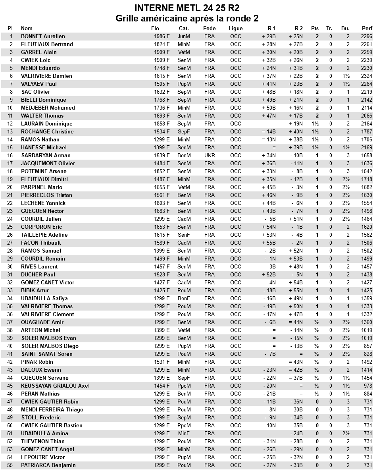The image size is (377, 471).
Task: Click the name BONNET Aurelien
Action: [43, 36]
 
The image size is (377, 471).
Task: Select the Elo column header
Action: [155, 28]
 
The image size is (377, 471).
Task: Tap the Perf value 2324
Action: [367, 76]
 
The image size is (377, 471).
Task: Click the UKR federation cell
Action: [210, 155]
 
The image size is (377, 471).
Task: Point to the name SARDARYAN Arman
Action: [46, 155]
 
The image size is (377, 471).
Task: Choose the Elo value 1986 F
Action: [162, 36]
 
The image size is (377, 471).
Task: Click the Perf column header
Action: [367, 28]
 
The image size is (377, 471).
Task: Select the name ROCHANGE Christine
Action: [47, 131]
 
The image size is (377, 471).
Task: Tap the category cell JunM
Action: [184, 36]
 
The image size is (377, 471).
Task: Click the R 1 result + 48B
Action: [269, 92]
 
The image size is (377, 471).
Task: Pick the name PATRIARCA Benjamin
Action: [48, 465]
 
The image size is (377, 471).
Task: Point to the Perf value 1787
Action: [367, 131]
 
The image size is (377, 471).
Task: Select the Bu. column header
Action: [345, 28]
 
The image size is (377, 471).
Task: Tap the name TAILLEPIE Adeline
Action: [44, 235]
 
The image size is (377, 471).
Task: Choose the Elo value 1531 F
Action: [162, 362]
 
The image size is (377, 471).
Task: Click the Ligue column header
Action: [235, 28]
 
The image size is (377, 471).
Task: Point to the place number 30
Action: [10, 266]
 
